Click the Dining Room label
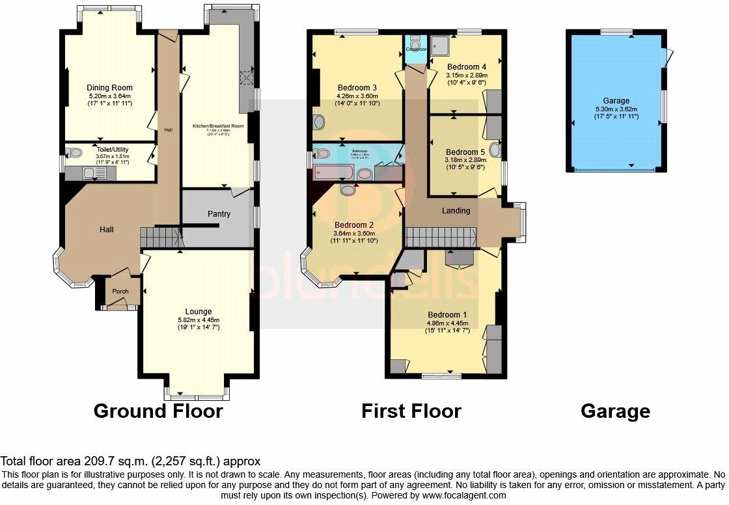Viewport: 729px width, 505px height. click(x=109, y=88)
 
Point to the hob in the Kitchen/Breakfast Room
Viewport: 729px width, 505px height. click(x=246, y=79)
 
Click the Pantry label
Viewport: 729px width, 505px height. click(x=219, y=214)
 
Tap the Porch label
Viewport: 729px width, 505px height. click(x=120, y=291)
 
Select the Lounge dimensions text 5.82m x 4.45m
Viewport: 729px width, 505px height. click(x=199, y=320)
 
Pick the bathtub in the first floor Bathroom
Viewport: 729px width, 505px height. click(x=333, y=172)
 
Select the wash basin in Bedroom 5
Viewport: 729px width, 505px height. click(x=496, y=150)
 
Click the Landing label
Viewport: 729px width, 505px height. click(x=456, y=210)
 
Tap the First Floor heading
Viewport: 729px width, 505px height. click(x=411, y=411)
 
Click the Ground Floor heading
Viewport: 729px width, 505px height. click(x=158, y=411)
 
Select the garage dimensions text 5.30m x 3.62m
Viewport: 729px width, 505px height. click(x=616, y=109)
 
